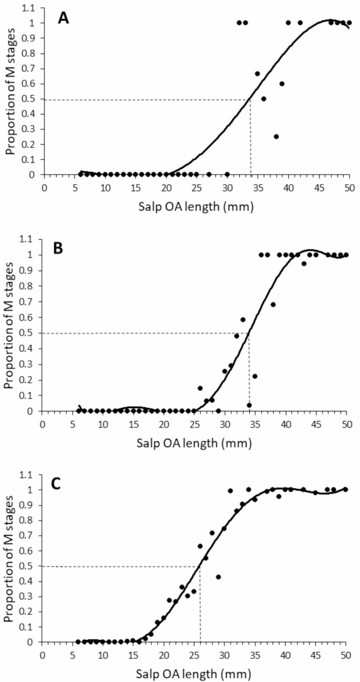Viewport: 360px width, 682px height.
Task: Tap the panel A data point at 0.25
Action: [276, 137]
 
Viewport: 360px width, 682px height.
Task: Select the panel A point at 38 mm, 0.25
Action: [276, 137]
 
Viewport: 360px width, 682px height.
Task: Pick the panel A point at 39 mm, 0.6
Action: [282, 84]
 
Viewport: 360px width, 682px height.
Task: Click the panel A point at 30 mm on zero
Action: [227, 174]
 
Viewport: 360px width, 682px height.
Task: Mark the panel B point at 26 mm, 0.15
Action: [200, 388]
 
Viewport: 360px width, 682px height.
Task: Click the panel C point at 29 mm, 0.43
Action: [218, 577]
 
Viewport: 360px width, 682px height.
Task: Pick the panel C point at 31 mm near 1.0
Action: [230, 491]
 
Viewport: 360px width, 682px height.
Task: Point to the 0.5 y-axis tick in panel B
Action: [29, 333]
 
